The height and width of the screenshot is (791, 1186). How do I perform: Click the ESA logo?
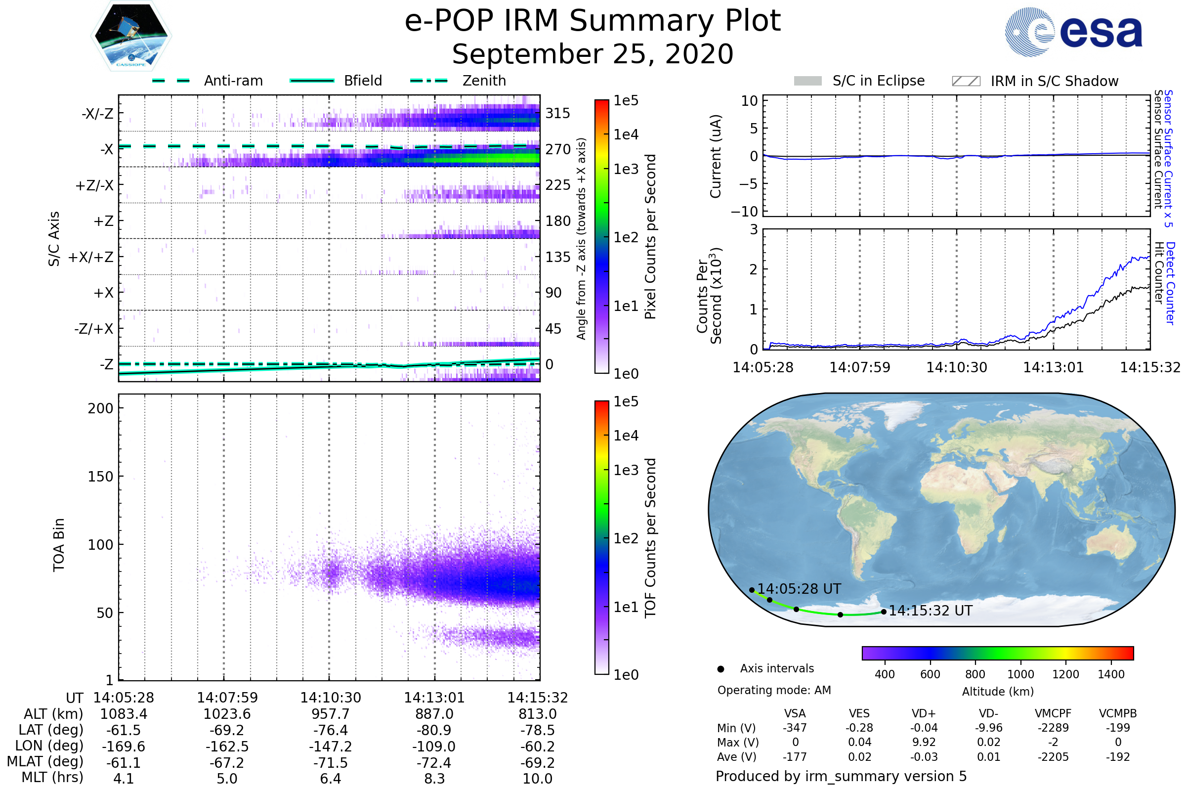coord(1073,31)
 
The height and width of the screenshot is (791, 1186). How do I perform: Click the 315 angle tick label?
coord(558,113)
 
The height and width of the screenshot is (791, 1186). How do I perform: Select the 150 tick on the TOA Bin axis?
coord(100,477)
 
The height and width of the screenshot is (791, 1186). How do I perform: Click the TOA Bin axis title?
coord(59,545)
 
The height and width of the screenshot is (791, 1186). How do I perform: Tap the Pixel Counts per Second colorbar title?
coord(650,237)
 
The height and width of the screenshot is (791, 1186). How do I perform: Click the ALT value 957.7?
coord(330,714)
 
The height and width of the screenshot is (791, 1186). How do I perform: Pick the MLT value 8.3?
coord(434,778)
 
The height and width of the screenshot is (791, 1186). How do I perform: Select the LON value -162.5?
coord(227,746)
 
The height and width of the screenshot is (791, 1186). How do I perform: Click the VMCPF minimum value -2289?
coord(1053,728)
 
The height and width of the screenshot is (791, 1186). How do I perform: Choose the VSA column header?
coord(795,713)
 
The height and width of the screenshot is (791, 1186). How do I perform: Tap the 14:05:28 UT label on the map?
coord(799,589)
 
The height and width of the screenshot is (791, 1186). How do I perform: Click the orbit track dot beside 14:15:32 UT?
coord(884,612)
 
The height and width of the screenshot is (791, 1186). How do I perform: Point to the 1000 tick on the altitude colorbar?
coord(1020,674)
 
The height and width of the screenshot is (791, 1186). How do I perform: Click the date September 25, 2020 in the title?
coord(593,54)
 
